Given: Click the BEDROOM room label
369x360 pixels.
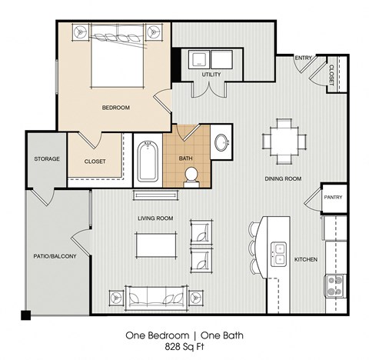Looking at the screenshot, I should click(115, 108).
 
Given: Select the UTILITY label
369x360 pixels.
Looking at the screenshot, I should click(212, 75).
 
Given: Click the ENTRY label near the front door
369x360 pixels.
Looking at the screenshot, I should click(304, 57).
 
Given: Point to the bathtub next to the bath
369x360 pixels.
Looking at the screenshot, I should click(147, 161).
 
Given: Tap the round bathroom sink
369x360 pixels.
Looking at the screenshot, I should click(221, 143).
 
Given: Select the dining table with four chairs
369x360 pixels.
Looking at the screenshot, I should click(283, 140).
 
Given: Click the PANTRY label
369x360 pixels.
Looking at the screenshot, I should click(332, 197).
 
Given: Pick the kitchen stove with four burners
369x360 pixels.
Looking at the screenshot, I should click(335, 285).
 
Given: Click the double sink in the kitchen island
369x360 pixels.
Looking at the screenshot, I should click(278, 252).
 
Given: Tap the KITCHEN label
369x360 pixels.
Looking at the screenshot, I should click(306, 259).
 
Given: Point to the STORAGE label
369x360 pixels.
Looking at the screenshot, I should click(47, 158).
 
